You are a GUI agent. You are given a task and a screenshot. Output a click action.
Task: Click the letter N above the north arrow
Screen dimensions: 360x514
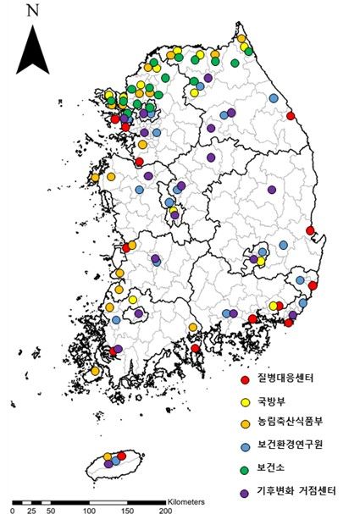[x=33, y=11]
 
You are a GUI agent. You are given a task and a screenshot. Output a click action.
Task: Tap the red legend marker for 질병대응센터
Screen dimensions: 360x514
[x=244, y=380]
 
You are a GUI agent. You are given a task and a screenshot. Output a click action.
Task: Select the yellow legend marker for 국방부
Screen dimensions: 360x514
[x=244, y=402]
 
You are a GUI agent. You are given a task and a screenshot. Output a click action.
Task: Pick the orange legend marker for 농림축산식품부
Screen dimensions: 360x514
[x=244, y=424]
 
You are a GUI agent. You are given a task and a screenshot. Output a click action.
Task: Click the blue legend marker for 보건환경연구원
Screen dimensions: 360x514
[x=244, y=446]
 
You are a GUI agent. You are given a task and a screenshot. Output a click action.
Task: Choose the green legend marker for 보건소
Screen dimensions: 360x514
[x=244, y=468]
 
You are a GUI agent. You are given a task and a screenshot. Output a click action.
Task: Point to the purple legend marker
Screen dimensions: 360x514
[x=244, y=490]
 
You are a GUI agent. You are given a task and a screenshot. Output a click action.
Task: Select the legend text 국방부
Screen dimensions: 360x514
[x=271, y=401]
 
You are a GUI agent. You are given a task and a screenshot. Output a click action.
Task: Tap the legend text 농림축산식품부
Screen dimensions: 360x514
[x=289, y=423]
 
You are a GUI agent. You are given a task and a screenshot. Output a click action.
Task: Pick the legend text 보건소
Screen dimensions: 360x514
[x=271, y=467]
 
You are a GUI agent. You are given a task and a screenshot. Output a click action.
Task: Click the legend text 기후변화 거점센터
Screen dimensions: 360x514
[x=296, y=489]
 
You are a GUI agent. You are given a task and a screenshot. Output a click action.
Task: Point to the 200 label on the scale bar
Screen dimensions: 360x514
[x=165, y=511]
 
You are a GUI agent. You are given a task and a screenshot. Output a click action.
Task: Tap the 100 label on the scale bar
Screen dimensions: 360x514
[x=88, y=511]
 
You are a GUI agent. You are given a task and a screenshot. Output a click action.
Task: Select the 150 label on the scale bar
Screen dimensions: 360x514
[x=127, y=511]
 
